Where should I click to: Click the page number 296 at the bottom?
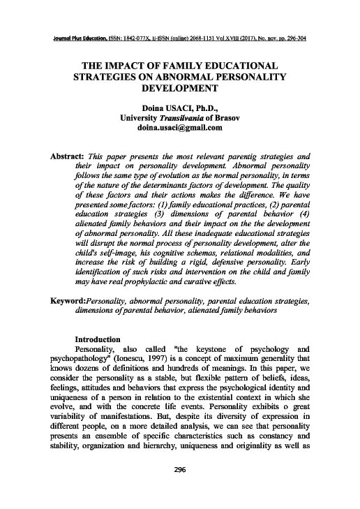point(180,487)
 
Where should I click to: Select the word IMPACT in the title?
point(126,64)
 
